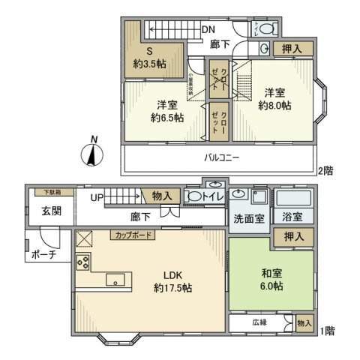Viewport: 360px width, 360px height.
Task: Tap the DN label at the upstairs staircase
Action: click(209, 29)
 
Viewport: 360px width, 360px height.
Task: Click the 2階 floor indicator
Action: click(325, 171)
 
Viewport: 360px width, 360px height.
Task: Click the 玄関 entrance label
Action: click(42, 211)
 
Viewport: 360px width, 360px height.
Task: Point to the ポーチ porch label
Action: click(41, 256)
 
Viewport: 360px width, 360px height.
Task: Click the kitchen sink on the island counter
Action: click(116, 280)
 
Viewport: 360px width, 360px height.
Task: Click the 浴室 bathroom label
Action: click(292, 218)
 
